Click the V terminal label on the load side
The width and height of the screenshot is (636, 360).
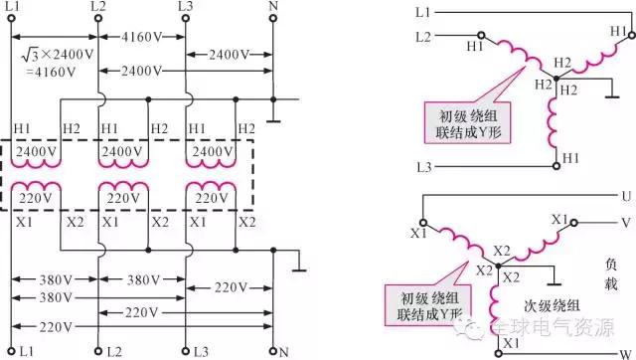[x=624, y=222]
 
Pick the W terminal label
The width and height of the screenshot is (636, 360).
[x=623, y=351]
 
